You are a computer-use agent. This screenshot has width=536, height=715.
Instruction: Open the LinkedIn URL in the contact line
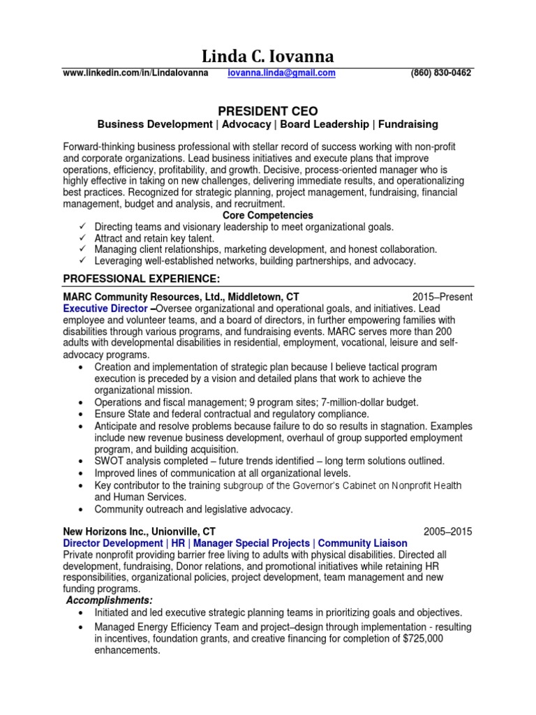[x=135, y=73]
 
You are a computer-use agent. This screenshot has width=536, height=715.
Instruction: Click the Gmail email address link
[x=282, y=73]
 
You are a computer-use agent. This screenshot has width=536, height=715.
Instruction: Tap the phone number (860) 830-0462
[x=441, y=73]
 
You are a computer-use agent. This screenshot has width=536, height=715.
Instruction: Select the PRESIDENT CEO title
[x=268, y=111]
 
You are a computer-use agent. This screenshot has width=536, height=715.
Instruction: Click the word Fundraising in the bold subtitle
[x=408, y=124]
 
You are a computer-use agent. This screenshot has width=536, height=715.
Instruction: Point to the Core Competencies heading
[x=267, y=215]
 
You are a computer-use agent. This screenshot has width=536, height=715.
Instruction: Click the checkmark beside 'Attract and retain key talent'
[x=82, y=238]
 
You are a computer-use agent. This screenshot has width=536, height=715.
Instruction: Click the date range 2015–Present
[x=442, y=297]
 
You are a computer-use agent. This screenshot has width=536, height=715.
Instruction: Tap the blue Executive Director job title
[x=105, y=309]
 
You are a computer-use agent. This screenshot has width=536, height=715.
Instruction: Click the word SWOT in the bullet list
[x=109, y=462]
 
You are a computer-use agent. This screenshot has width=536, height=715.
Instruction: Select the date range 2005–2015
[x=447, y=531]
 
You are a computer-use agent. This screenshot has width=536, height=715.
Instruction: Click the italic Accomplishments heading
[x=110, y=601]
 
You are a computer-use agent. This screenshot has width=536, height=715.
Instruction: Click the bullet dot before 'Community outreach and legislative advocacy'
[x=82, y=509]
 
